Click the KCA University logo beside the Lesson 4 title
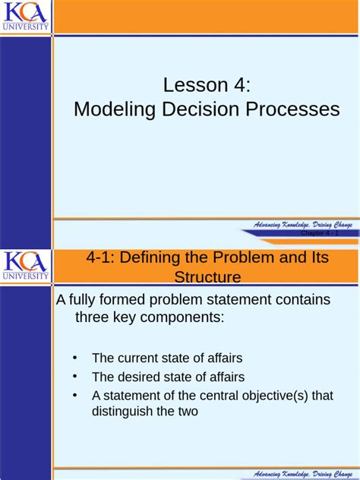tap(26, 16)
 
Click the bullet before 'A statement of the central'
tap(74, 395)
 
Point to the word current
tap(139, 358)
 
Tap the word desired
tap(140, 377)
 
